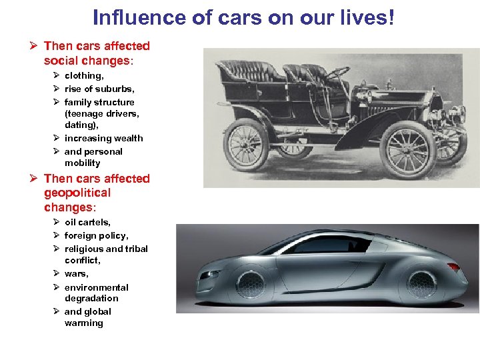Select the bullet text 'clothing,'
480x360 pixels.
[x=84, y=76]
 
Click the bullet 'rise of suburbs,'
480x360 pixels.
[x=99, y=89]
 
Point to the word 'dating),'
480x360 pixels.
[x=82, y=125]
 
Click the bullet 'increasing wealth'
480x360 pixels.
[x=103, y=138]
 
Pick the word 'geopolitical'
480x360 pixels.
[x=77, y=193]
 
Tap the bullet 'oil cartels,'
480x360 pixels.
[x=87, y=222]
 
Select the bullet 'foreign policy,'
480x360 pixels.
[x=96, y=235]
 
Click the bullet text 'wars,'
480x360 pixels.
[x=77, y=273]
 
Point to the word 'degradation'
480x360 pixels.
[x=91, y=298]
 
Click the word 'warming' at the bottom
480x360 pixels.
[x=84, y=323]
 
